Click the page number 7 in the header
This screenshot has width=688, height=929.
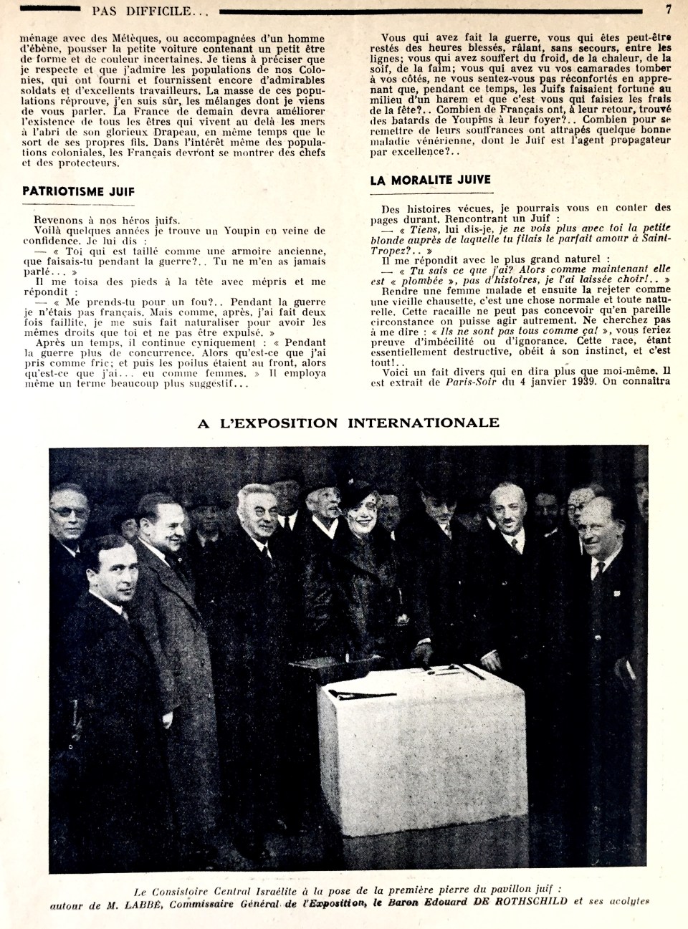tap(667, 9)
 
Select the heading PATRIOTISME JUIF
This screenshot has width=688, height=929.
tap(79, 191)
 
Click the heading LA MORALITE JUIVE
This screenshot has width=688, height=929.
tap(430, 180)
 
